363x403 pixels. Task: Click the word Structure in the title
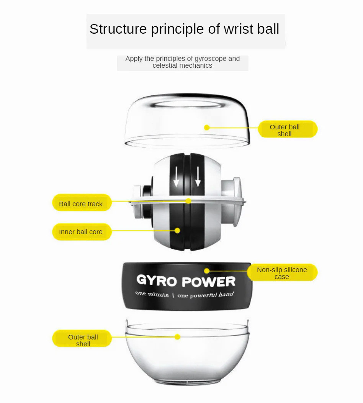[118, 29]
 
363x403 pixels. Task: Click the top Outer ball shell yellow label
[288, 130]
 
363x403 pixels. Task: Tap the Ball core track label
[81, 204]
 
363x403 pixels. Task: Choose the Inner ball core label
[81, 232]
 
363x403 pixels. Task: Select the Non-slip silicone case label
[282, 273]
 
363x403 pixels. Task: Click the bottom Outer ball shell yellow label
[83, 340]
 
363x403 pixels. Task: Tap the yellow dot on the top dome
[207, 127]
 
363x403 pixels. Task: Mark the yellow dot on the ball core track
[188, 201]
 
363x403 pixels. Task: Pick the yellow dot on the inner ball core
[177, 230]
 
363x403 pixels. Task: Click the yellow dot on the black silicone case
[207, 271]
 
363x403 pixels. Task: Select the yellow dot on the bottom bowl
[177, 337]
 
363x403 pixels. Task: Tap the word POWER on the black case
[208, 282]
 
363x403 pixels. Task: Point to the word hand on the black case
[226, 294]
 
